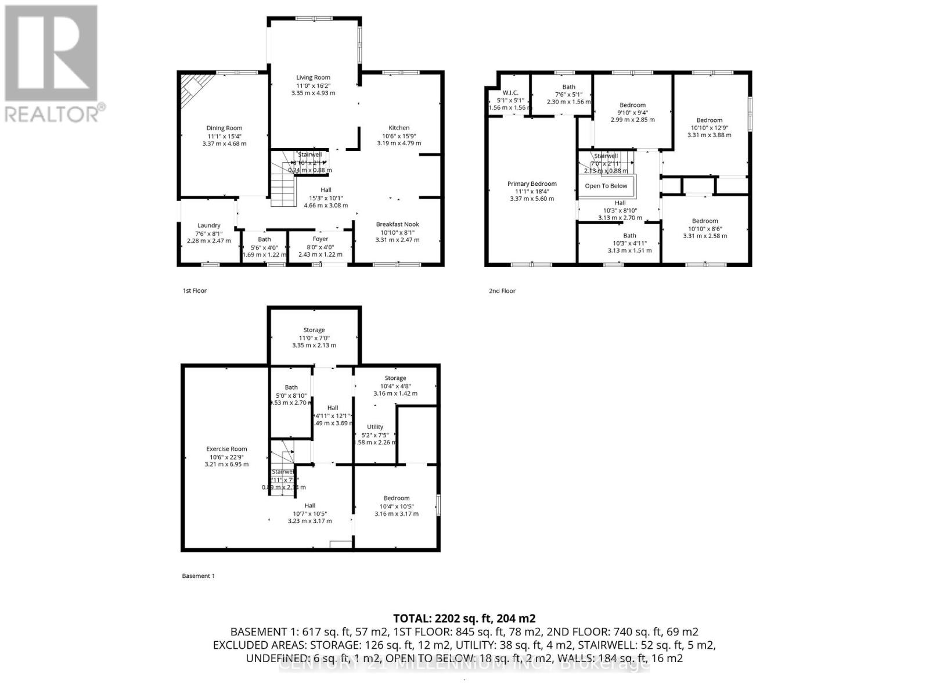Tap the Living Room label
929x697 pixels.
(313, 77)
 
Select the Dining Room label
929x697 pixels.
(224, 128)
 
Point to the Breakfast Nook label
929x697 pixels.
(397, 224)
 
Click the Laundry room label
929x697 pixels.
(208, 225)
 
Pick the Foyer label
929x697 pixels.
(320, 239)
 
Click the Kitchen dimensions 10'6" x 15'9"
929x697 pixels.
(399, 136)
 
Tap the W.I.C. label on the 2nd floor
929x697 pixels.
(510, 93)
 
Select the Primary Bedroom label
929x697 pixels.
(532, 184)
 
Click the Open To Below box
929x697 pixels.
(606, 186)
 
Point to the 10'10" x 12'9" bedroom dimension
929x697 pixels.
(709, 128)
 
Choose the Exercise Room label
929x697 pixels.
(226, 449)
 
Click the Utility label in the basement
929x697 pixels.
(375, 427)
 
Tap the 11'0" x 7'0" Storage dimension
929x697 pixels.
(314, 337)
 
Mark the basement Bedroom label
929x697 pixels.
(397, 498)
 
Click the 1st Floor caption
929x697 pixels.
(195, 290)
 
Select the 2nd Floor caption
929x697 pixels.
(502, 290)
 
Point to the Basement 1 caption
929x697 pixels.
(198, 576)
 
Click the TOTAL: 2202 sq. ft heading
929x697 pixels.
(464, 619)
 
